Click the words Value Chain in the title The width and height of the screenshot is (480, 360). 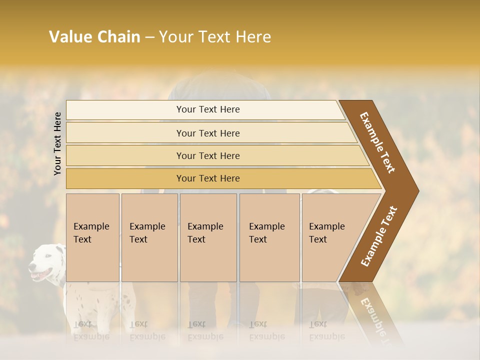(x=94, y=37)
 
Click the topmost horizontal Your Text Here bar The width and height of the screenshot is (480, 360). (x=208, y=109)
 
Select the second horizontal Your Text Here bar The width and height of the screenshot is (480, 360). (x=208, y=133)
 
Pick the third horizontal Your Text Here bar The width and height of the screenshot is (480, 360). (x=208, y=155)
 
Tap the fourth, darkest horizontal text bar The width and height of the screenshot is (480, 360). (x=208, y=178)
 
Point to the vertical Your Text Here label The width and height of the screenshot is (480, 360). (x=57, y=143)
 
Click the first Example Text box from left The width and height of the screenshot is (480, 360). (x=92, y=237)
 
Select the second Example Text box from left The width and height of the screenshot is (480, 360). (x=149, y=237)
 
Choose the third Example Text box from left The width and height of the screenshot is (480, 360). (x=208, y=237)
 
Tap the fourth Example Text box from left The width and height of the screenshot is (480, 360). (x=269, y=237)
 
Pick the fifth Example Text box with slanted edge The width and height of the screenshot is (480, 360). (x=330, y=237)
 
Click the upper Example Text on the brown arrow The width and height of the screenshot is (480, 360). (x=377, y=142)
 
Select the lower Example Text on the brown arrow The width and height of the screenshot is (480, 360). (x=379, y=236)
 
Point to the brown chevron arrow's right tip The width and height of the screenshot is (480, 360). (x=418, y=191)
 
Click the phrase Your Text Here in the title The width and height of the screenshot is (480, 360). (x=215, y=37)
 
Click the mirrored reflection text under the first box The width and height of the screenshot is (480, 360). (x=91, y=330)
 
